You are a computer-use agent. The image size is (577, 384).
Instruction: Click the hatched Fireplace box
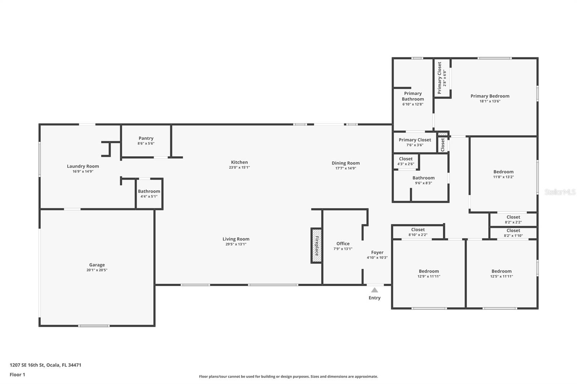point(316,246)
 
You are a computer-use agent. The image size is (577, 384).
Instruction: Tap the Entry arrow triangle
point(375,290)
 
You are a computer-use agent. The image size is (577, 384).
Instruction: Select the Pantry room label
point(146,138)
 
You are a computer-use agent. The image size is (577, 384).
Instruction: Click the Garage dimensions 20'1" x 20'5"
point(97,270)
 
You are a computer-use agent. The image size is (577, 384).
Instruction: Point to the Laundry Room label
point(83,166)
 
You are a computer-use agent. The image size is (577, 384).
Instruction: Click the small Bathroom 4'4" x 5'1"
point(149,194)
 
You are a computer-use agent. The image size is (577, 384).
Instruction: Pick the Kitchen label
point(239,162)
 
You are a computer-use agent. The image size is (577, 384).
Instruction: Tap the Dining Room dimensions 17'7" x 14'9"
point(345,168)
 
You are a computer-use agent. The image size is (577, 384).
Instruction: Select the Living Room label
point(236,239)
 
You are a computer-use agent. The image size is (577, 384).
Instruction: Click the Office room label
point(343,244)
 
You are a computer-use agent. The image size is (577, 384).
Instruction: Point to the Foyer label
point(377,253)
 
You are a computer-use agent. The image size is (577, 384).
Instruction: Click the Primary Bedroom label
point(490,96)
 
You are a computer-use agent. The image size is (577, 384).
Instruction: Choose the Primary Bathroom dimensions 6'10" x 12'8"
point(413,104)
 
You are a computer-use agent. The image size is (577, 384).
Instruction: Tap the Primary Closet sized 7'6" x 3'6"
point(415,142)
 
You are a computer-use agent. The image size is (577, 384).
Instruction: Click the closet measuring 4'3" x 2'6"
point(406,161)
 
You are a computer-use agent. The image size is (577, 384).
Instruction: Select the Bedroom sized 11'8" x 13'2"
point(503,174)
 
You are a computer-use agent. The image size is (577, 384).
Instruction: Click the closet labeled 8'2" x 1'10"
point(513,233)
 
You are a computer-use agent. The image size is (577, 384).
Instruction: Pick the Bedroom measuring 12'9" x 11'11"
point(429,273)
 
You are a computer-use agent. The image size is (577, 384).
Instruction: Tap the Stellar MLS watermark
point(560,192)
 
